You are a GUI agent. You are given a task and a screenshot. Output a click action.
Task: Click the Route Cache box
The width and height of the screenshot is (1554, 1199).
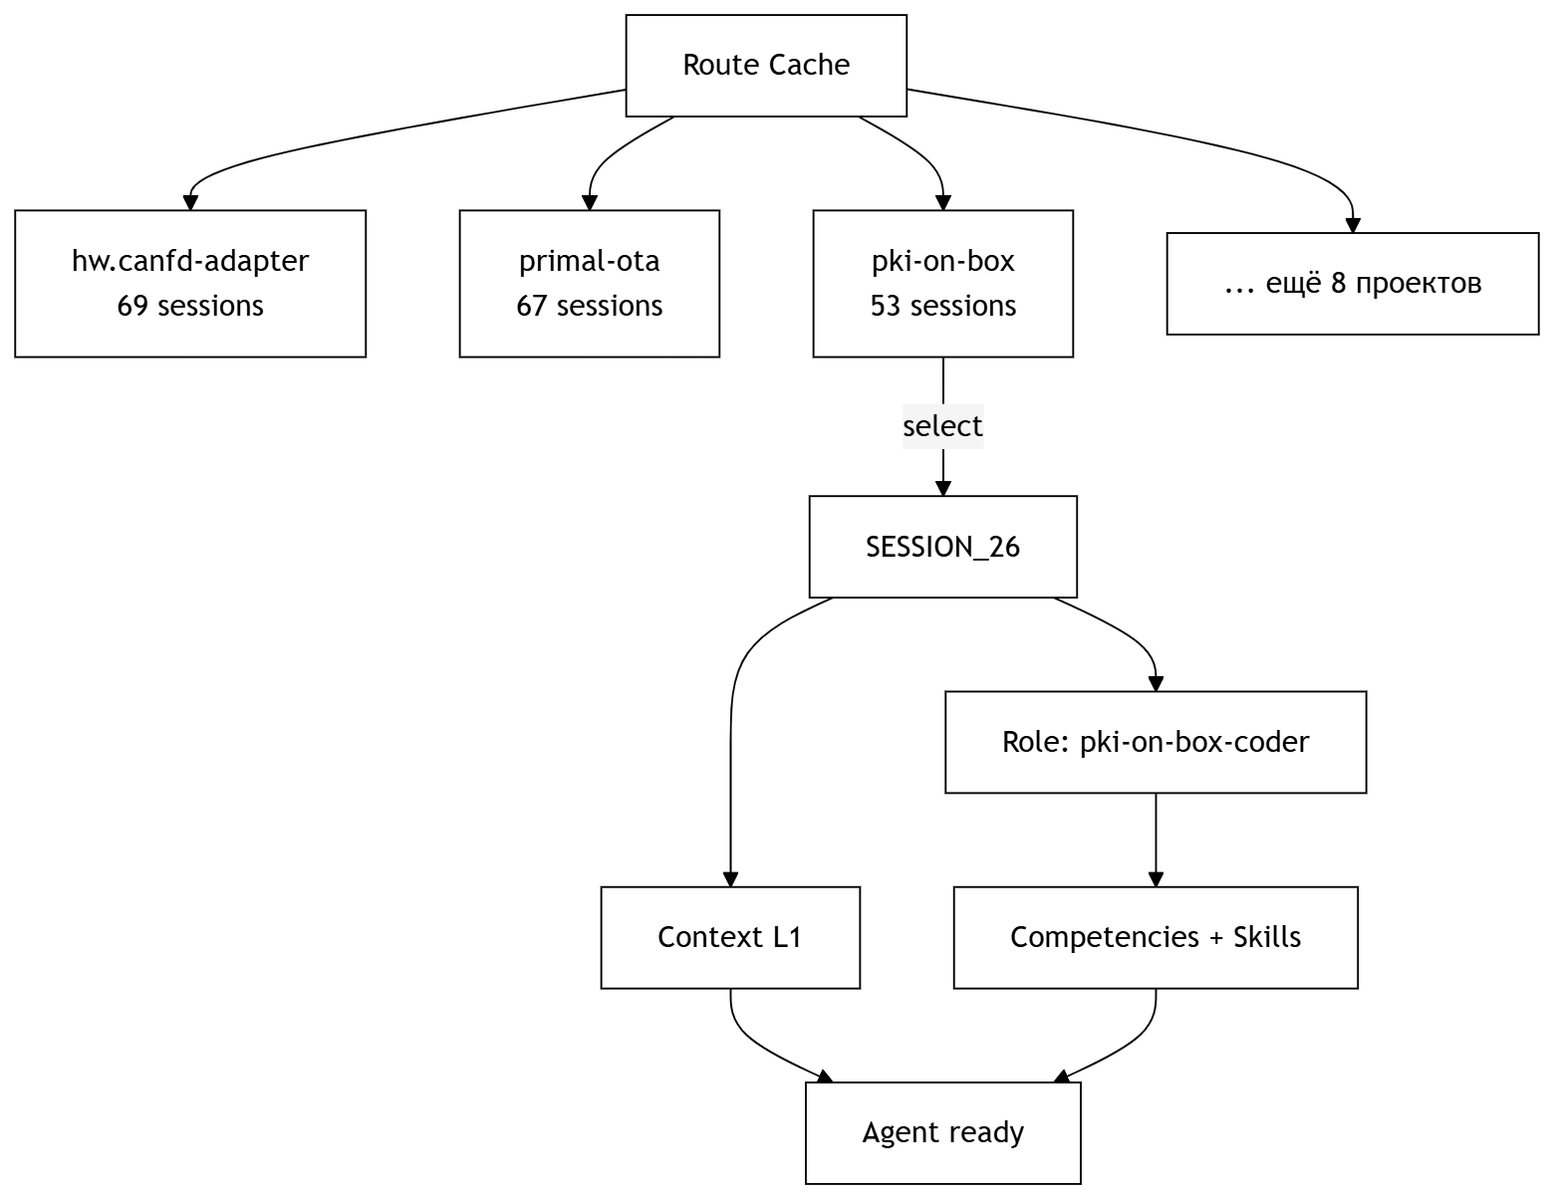[x=765, y=66]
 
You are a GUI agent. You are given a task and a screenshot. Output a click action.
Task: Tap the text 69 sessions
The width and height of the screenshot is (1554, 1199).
[x=190, y=306]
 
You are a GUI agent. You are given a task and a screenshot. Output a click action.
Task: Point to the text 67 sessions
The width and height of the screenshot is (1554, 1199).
[x=589, y=306]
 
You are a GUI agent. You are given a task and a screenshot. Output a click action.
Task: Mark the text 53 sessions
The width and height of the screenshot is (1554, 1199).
[x=942, y=306]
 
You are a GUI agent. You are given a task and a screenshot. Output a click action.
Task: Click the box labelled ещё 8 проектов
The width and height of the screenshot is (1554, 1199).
[x=1352, y=284]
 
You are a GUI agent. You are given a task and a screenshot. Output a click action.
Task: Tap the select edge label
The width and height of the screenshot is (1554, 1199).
[x=942, y=426]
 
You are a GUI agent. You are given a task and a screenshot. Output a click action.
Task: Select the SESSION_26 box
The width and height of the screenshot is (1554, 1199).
[x=942, y=547]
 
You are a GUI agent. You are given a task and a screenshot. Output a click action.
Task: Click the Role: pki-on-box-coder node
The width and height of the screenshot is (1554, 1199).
[x=1155, y=742]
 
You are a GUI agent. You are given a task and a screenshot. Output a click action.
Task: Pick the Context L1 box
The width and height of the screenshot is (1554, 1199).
[x=729, y=937]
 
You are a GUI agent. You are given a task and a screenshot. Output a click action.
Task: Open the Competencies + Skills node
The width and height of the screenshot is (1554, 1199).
[x=1155, y=937]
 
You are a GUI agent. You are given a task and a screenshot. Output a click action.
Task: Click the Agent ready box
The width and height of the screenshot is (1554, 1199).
[x=942, y=1132]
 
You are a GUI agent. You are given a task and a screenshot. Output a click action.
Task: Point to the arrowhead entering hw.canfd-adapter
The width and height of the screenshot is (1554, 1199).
[x=190, y=203]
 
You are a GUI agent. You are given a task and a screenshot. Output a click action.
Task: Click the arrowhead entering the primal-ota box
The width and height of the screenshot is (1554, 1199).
[x=589, y=203]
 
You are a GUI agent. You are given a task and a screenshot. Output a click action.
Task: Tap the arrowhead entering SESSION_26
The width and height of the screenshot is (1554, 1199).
[x=942, y=488]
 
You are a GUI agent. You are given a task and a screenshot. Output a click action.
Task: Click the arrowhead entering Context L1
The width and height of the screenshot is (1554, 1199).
[x=730, y=879]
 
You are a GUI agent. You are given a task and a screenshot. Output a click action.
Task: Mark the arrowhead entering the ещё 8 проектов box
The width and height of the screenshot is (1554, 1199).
[x=1352, y=226]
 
